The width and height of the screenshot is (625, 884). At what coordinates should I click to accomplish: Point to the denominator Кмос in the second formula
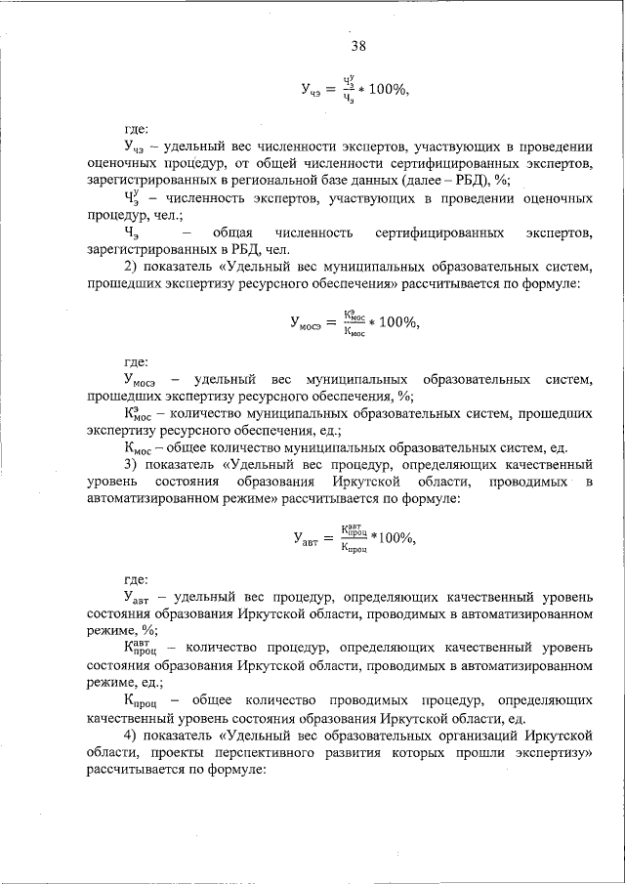[353, 332]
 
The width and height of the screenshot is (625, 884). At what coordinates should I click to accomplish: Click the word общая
[231, 232]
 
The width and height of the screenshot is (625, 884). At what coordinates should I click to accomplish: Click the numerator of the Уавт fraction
[354, 530]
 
